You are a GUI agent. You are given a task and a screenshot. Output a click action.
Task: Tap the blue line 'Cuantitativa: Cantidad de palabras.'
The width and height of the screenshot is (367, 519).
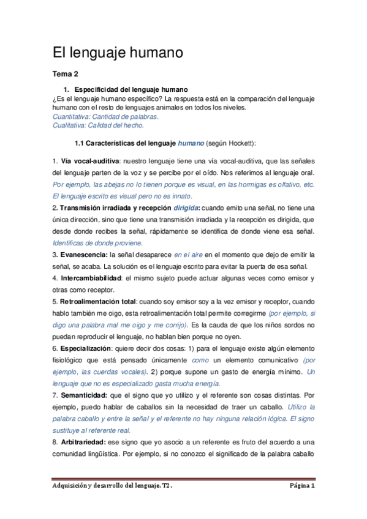[106, 116]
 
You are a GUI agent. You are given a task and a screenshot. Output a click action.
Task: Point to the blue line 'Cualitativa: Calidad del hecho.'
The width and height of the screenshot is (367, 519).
[99, 125]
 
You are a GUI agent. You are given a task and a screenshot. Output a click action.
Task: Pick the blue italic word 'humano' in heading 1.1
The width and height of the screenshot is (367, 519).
[191, 144]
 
